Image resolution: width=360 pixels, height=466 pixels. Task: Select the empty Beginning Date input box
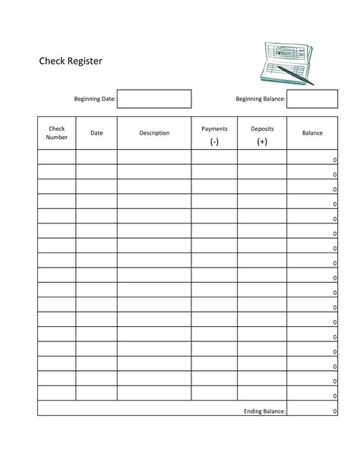click(154, 99)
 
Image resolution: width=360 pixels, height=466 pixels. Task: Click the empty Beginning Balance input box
click(312, 99)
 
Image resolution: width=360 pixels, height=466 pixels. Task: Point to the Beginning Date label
click(94, 100)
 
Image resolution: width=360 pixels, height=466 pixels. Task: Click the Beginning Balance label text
click(261, 100)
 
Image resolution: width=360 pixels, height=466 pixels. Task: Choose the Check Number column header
click(57, 133)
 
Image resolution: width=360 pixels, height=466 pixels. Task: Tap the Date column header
click(96, 133)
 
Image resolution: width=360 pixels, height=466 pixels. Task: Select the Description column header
click(154, 133)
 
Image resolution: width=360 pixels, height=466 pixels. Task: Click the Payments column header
click(214, 129)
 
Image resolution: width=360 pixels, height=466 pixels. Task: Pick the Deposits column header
click(262, 129)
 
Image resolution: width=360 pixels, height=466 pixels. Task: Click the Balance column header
click(312, 133)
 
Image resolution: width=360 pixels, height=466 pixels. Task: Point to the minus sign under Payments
click(214, 141)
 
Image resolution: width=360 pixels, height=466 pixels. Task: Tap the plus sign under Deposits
click(262, 141)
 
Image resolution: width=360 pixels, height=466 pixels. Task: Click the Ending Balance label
click(264, 411)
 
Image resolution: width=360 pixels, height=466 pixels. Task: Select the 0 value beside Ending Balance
click(334, 411)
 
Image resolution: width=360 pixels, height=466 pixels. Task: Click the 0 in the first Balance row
click(334, 160)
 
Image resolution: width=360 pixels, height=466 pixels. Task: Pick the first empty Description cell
click(154, 157)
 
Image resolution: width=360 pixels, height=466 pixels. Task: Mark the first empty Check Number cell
click(57, 157)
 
